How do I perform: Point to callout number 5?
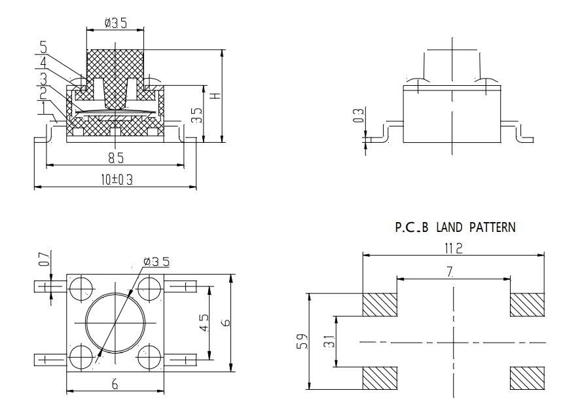(x=43, y=47)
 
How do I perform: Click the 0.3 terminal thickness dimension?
(x=358, y=116)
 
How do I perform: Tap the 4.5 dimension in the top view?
(x=204, y=324)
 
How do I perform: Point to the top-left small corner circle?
(x=81, y=286)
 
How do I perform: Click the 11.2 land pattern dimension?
(x=454, y=248)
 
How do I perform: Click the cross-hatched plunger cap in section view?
(x=115, y=66)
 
